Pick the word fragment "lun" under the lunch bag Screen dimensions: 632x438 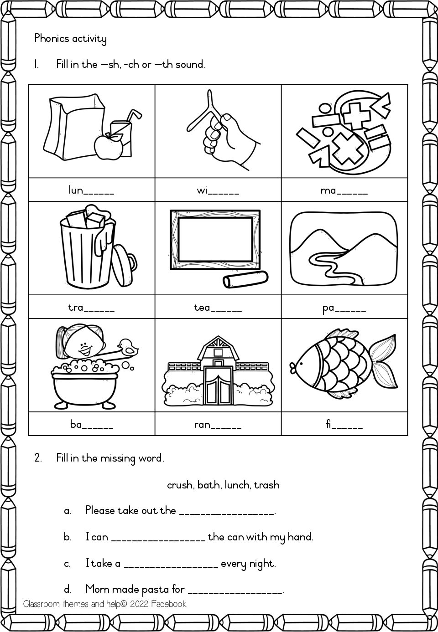pos(75,191)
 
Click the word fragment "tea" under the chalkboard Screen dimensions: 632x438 pos(202,308)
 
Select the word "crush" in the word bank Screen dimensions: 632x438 pos(181,485)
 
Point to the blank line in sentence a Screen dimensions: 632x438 pos(227,512)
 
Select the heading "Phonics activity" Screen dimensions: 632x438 pos(70,39)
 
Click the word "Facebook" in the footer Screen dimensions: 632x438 pos(170,604)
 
